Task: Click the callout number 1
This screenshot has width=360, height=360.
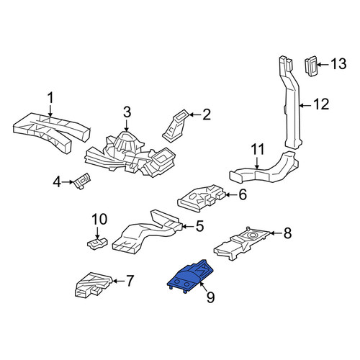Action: (x=50, y=99)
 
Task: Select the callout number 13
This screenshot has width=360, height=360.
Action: (x=338, y=64)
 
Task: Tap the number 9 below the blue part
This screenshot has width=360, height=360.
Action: (x=210, y=297)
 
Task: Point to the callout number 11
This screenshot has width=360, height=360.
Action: (x=258, y=149)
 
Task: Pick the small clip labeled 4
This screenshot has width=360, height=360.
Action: (x=83, y=181)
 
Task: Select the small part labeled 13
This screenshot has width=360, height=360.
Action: (x=312, y=66)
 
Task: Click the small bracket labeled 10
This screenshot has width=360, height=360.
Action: (x=96, y=243)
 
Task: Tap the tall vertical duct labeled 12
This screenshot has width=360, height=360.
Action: (x=291, y=103)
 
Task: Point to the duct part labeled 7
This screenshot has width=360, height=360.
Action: (x=92, y=285)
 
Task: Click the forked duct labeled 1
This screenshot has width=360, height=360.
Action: (x=52, y=131)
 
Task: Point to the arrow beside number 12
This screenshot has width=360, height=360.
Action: (x=306, y=105)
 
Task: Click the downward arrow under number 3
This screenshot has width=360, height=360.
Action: (x=127, y=125)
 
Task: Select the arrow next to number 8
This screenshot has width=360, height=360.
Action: (x=276, y=233)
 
